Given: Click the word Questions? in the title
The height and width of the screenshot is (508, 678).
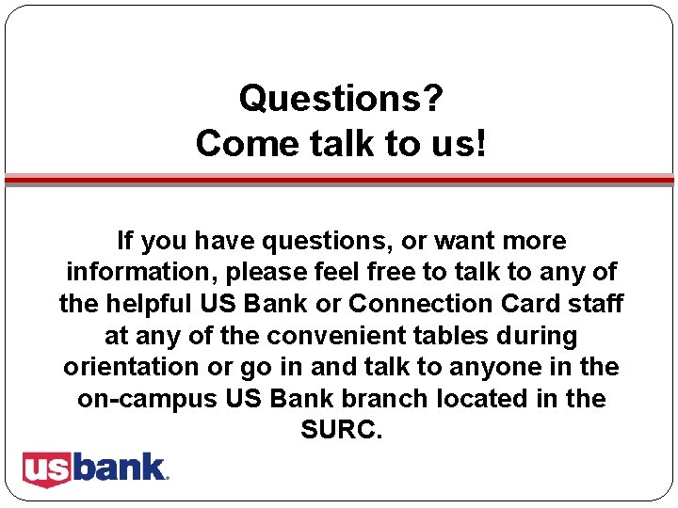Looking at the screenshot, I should tap(341, 98).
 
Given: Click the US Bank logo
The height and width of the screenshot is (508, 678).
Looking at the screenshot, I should tap(95, 468).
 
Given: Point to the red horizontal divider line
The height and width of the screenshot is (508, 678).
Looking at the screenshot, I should tap(339, 178).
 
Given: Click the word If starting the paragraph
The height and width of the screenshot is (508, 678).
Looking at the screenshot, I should tap(124, 241).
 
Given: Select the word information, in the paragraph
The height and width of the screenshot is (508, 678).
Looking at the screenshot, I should tap(135, 273).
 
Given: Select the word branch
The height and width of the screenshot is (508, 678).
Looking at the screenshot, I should tap(387, 399).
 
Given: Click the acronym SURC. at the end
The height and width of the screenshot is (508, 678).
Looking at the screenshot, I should tap(341, 430).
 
